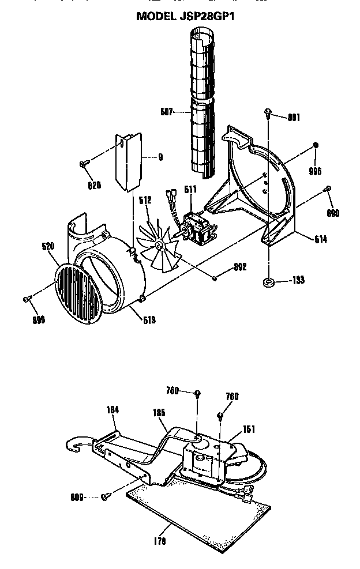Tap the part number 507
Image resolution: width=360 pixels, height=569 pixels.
167,112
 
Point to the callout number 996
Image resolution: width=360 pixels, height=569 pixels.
314,171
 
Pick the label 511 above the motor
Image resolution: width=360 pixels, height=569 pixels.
190,189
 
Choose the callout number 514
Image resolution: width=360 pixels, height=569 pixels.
320,239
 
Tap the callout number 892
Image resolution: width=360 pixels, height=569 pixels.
240,266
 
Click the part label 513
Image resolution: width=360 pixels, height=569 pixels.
149,321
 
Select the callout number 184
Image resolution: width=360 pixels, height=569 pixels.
114,410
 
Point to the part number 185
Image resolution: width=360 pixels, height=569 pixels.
159,413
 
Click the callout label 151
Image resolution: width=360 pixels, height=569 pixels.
249,429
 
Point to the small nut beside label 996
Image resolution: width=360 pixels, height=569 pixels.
316,144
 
